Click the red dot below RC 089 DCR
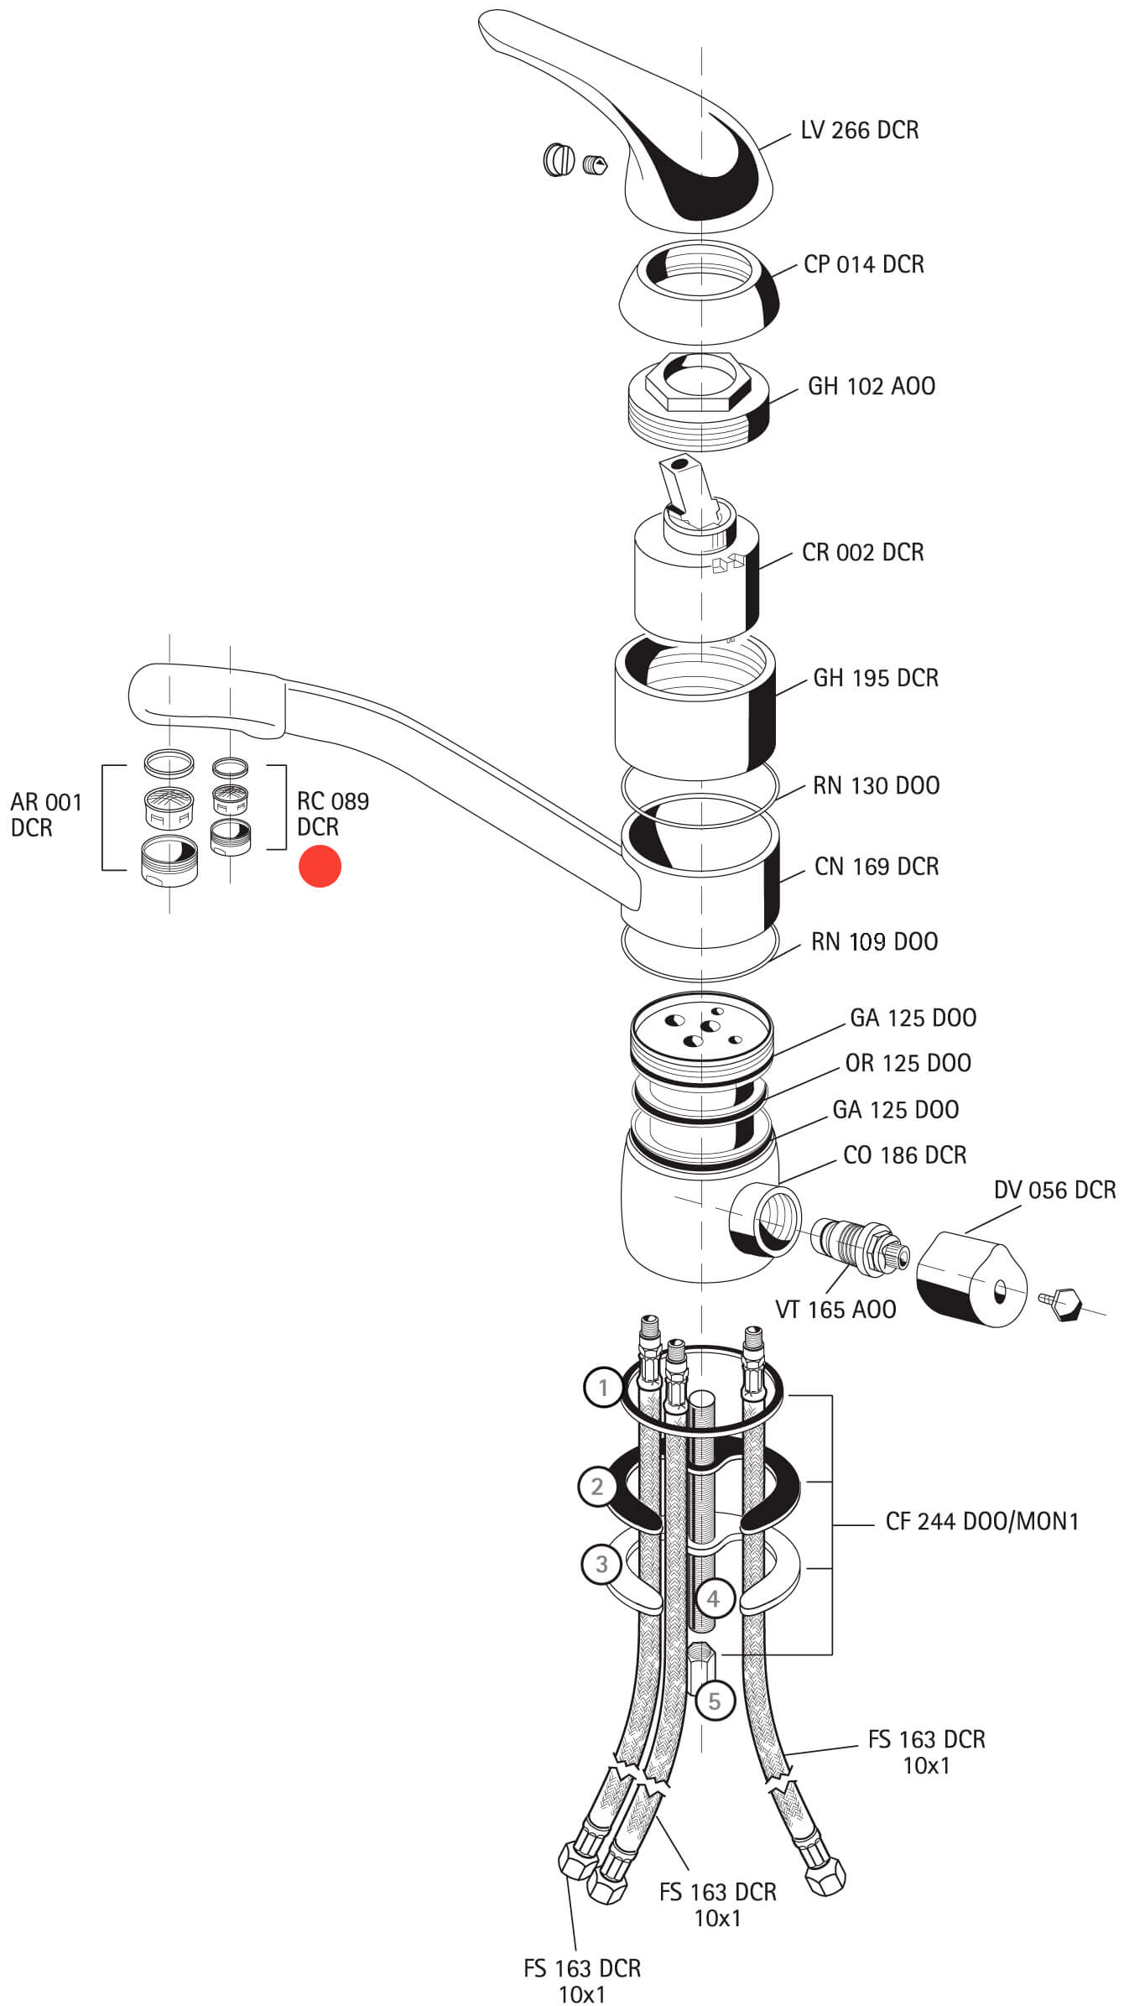[320, 866]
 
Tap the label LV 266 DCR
[859, 130]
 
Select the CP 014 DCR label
[863, 264]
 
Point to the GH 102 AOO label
[871, 386]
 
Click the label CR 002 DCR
[862, 552]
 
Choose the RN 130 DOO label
[876, 785]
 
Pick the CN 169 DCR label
[876, 866]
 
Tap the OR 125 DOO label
[908, 1063]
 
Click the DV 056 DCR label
[1054, 1190]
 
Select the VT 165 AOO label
[835, 1309]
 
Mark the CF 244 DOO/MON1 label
[981, 1521]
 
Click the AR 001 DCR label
[46, 815]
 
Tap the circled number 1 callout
[602, 1389]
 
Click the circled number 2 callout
[596, 1487]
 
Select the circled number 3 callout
[601, 1564]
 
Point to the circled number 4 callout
[712, 1598]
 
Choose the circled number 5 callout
[714, 1701]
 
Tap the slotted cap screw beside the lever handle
[558, 159]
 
